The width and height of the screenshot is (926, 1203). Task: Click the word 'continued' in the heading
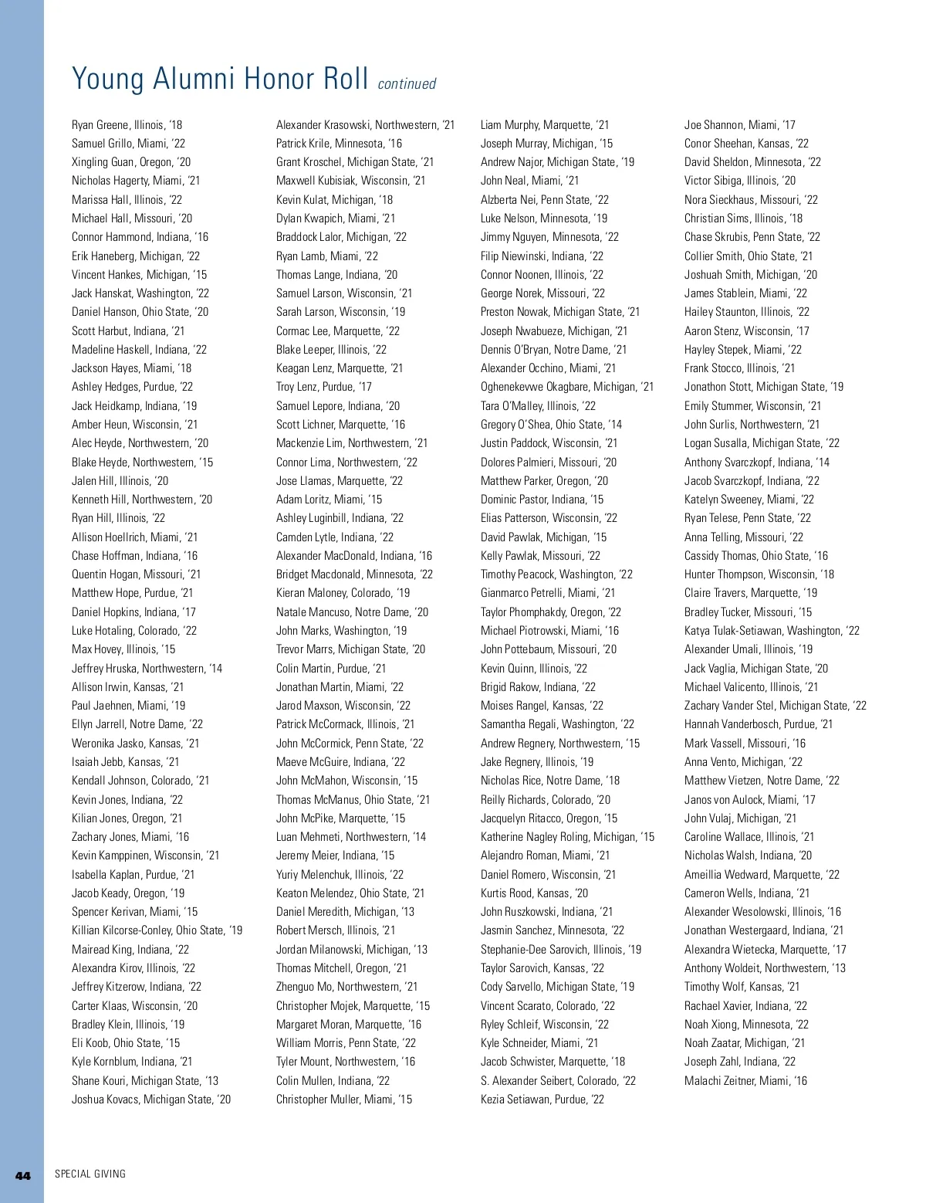click(x=407, y=84)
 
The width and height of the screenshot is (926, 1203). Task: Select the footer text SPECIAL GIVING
click(x=90, y=1174)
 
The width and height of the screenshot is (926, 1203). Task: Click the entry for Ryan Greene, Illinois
click(x=127, y=125)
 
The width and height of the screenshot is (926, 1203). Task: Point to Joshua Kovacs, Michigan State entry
click(x=151, y=1100)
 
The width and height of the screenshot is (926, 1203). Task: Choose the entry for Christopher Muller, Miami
click(x=344, y=1100)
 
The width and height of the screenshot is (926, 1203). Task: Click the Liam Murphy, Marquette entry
click(x=545, y=125)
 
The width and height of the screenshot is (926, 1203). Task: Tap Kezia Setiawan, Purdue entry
click(x=542, y=1100)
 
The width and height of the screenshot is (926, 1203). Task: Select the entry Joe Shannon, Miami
click(x=739, y=125)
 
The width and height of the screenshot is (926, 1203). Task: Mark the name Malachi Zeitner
click(x=745, y=1081)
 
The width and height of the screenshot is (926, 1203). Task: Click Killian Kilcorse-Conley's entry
click(x=157, y=930)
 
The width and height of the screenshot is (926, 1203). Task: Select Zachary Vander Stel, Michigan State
click(x=776, y=706)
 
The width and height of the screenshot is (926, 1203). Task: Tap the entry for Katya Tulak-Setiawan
click(x=772, y=631)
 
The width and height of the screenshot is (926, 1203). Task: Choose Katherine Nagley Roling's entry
click(x=567, y=837)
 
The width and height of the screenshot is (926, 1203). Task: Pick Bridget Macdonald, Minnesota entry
click(x=354, y=574)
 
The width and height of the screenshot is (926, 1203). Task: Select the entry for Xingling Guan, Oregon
click(x=131, y=162)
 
